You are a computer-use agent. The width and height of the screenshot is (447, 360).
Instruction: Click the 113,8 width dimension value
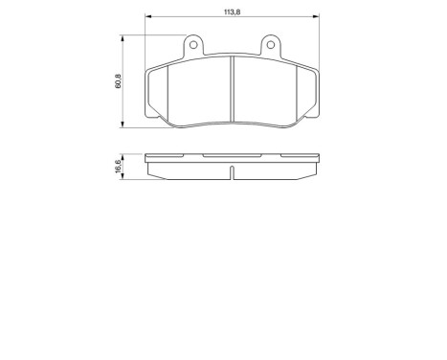[232, 11]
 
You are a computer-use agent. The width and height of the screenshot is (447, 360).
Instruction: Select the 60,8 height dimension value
[118, 82]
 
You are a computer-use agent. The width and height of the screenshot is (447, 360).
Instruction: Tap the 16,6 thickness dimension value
[118, 169]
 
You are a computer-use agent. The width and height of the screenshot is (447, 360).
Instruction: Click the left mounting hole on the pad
[192, 44]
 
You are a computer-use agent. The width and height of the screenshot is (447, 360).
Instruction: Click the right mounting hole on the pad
[271, 44]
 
